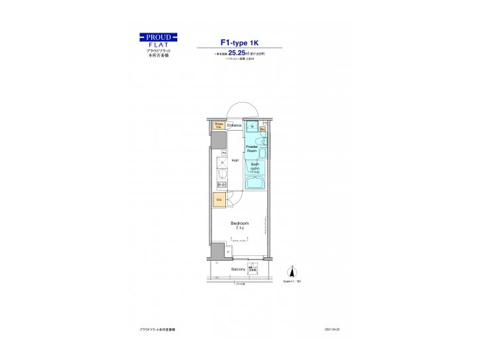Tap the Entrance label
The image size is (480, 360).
click(234, 125)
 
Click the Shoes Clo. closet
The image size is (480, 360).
click(219, 125)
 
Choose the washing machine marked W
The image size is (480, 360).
click(253, 127)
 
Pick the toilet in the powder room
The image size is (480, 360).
click(264, 141)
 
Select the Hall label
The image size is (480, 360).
click(235, 161)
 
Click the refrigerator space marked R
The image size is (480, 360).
click(221, 163)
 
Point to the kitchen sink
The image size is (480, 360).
click(221, 176)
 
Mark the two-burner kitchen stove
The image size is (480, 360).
click(221, 185)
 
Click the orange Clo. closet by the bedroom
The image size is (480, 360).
click(219, 199)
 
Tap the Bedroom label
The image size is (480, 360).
click(239, 223)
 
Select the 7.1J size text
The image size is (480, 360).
click(239, 228)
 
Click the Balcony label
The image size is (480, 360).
click(238, 269)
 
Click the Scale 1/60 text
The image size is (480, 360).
click(292, 282)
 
